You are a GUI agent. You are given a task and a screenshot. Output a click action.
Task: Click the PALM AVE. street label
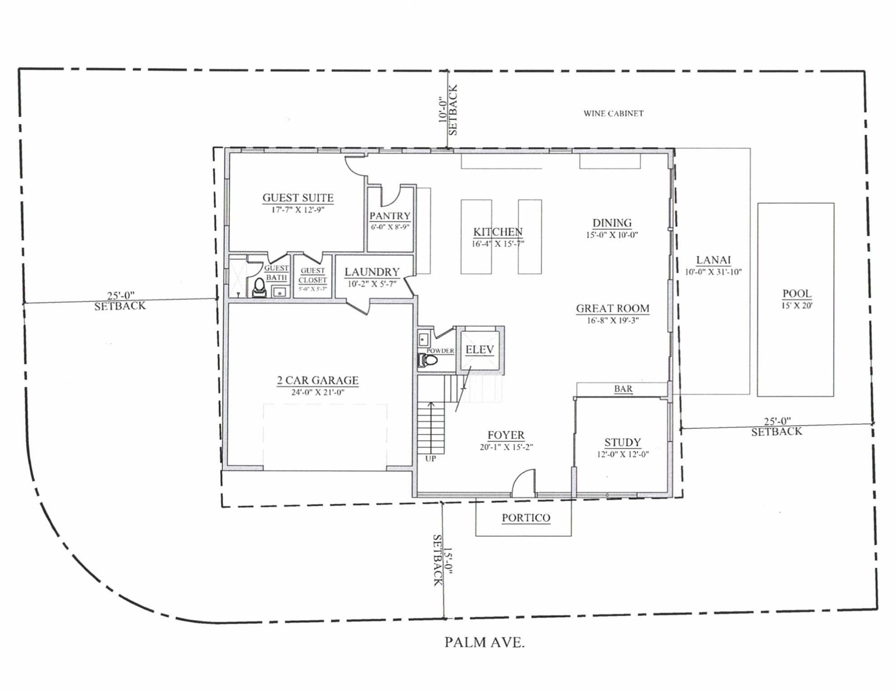(484, 642)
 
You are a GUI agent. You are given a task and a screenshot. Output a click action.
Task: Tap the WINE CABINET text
(613, 114)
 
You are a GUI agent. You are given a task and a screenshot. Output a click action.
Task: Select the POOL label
(796, 294)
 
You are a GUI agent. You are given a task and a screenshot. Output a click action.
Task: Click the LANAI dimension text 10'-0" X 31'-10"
(713, 272)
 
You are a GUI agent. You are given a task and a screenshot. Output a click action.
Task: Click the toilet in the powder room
(428, 360)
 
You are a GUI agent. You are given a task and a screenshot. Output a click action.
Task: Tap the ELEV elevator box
(480, 350)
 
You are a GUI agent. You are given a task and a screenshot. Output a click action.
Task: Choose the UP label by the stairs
(430, 459)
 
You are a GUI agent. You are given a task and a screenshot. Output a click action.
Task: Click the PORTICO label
(526, 518)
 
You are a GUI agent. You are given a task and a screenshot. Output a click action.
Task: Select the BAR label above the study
(623, 389)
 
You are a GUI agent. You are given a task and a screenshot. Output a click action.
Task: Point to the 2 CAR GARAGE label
(317, 381)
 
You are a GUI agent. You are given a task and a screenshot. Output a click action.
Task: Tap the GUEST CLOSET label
(312, 275)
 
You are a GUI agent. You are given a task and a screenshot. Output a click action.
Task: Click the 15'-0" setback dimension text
(448, 560)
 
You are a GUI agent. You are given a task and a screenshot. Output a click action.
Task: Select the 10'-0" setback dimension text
(443, 110)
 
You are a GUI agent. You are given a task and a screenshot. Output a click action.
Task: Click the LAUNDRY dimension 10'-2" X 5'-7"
(372, 284)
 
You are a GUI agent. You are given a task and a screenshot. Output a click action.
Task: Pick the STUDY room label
(622, 442)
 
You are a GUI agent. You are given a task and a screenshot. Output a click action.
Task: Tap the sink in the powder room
(423, 339)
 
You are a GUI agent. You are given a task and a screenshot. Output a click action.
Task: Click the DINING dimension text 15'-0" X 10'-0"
(612, 235)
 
